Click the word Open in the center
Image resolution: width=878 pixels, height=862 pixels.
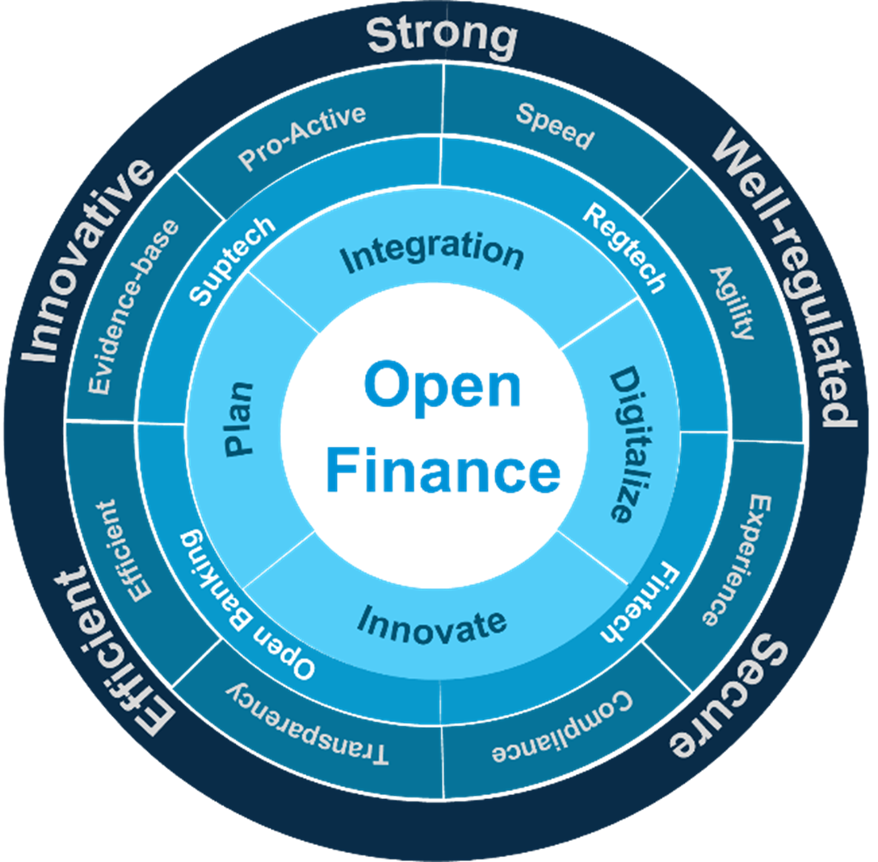coord(442,386)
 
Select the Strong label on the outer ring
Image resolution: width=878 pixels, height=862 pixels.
coord(441,37)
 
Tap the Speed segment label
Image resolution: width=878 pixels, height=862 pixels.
coord(555,126)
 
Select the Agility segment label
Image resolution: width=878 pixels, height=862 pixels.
coord(733,303)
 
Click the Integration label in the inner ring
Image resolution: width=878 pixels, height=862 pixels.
coord(431,252)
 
